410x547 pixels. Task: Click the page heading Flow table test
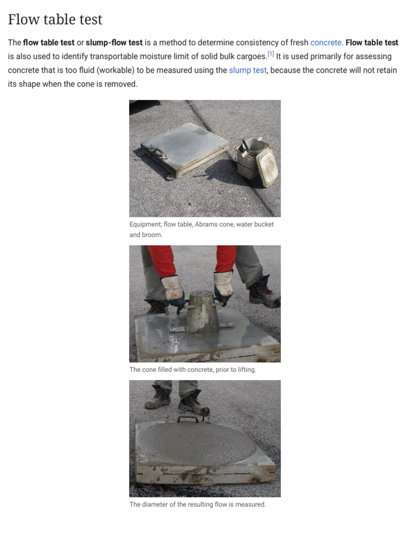pyautogui.click(x=55, y=20)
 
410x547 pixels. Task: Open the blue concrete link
pyautogui.click(x=326, y=43)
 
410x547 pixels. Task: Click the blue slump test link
pyautogui.click(x=248, y=71)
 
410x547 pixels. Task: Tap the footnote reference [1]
pyautogui.click(x=271, y=54)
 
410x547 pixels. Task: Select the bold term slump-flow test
pyautogui.click(x=114, y=43)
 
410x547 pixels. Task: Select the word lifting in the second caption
pyautogui.click(x=245, y=370)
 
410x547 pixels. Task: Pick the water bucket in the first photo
pyautogui.click(x=257, y=159)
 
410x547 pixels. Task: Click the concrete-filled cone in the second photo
pyautogui.click(x=202, y=312)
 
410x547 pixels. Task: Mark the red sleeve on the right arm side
pyautogui.click(x=225, y=258)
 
